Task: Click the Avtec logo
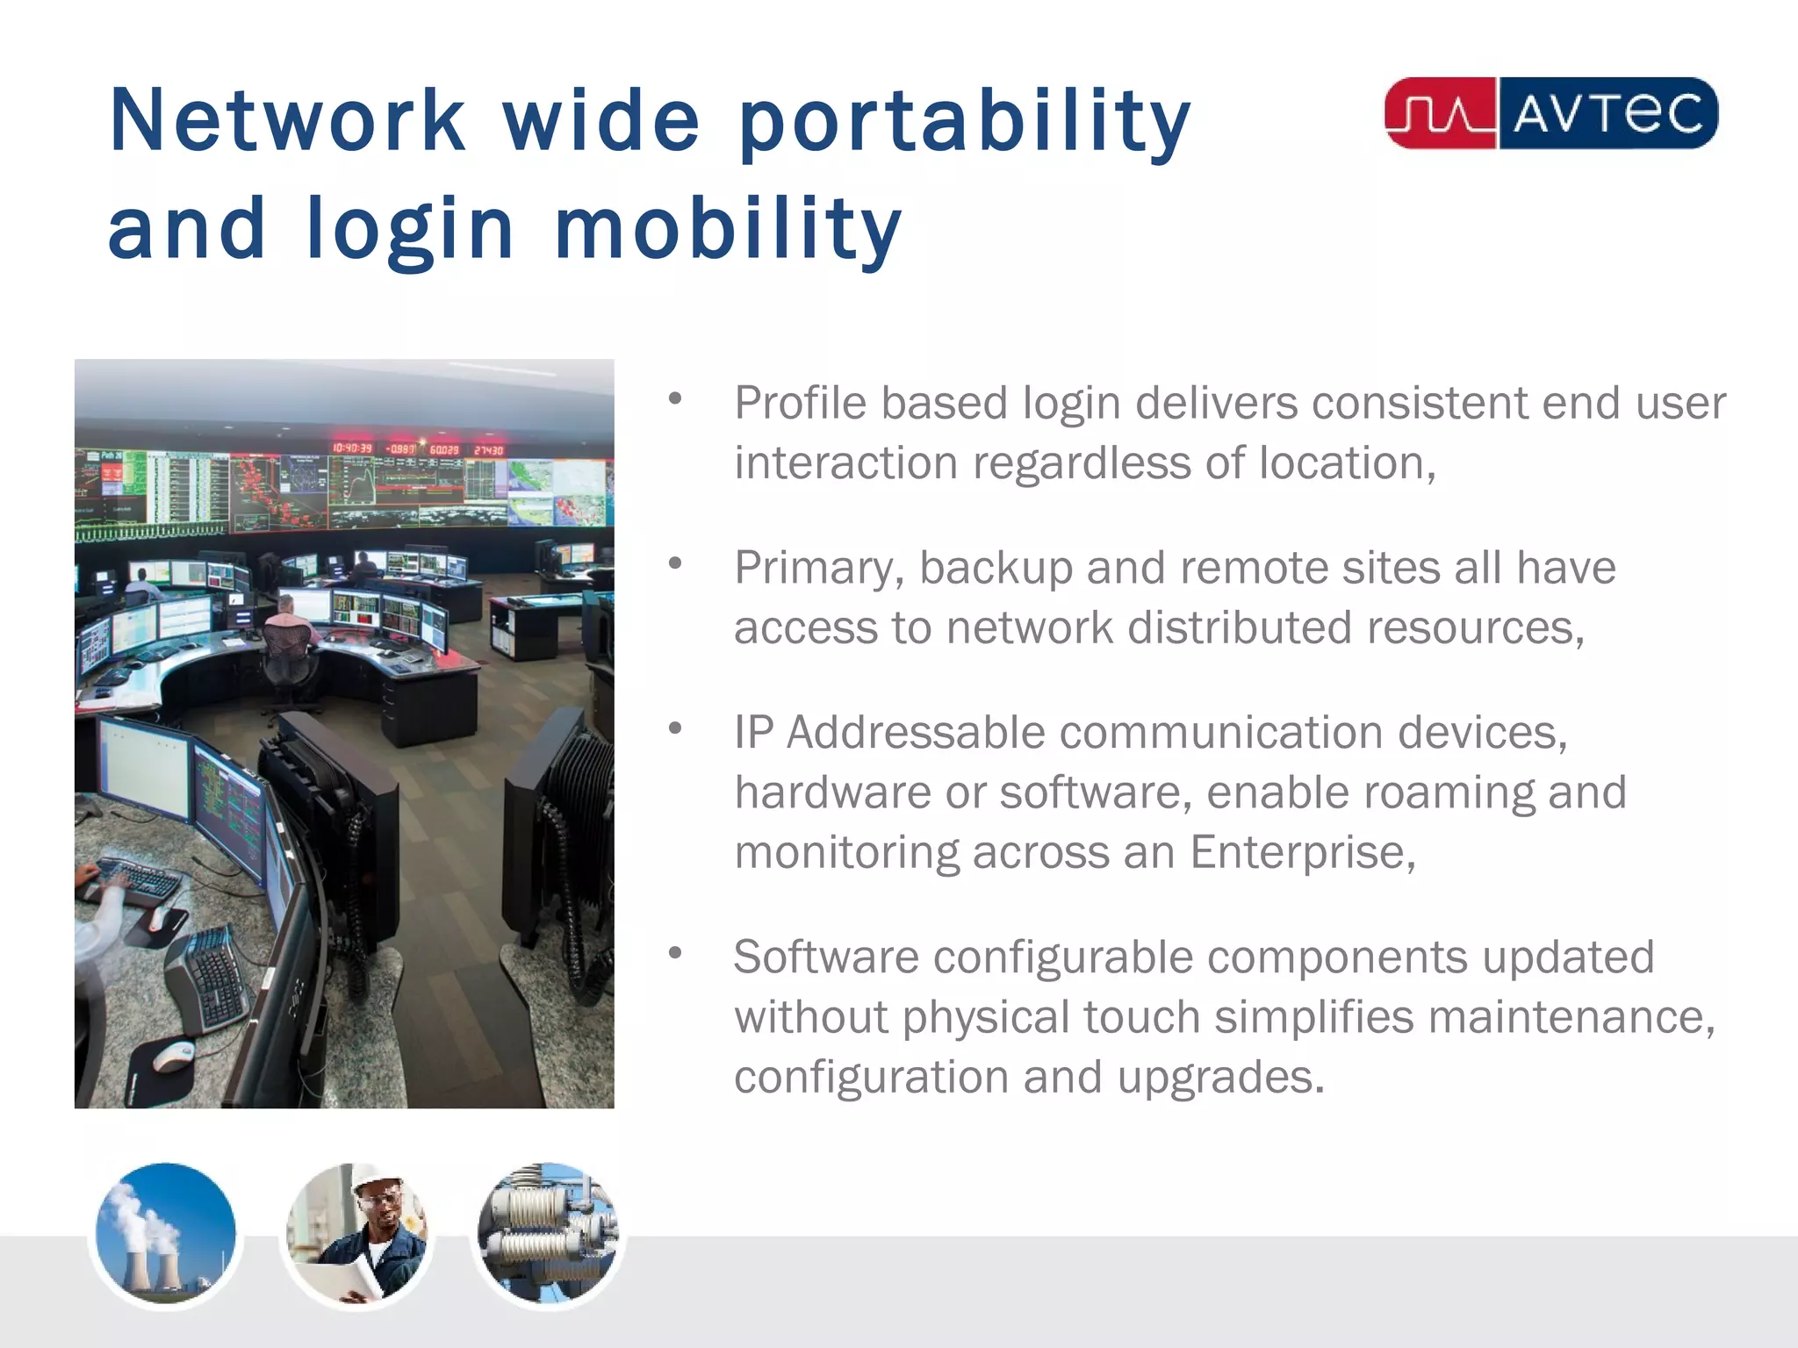click(x=1550, y=113)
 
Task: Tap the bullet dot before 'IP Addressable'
click(x=674, y=728)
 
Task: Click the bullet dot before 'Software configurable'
click(x=674, y=953)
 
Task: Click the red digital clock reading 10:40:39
click(x=352, y=448)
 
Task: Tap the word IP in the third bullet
click(x=753, y=733)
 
